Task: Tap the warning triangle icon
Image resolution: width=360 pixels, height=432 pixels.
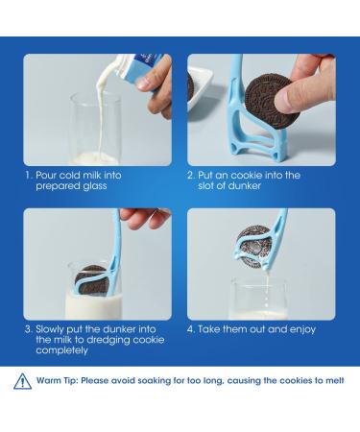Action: click(x=22, y=381)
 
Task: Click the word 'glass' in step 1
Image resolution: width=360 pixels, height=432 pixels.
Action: click(x=95, y=186)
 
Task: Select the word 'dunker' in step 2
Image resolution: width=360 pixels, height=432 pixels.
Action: click(x=244, y=186)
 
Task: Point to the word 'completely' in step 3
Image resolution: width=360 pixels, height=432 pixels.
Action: click(x=61, y=350)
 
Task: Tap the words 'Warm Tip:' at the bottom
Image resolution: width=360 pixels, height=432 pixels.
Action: click(x=58, y=381)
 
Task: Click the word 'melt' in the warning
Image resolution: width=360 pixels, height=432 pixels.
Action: click(x=335, y=380)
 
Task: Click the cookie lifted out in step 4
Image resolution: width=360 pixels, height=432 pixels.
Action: click(x=254, y=247)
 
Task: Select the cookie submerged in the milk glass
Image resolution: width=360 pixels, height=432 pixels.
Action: click(x=90, y=280)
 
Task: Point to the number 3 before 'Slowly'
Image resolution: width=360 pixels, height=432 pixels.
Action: click(x=28, y=329)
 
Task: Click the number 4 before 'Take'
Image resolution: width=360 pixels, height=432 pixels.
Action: click(x=190, y=329)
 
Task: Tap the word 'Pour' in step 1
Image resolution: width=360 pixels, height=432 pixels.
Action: click(x=46, y=176)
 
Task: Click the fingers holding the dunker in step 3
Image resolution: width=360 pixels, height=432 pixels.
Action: click(x=146, y=218)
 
